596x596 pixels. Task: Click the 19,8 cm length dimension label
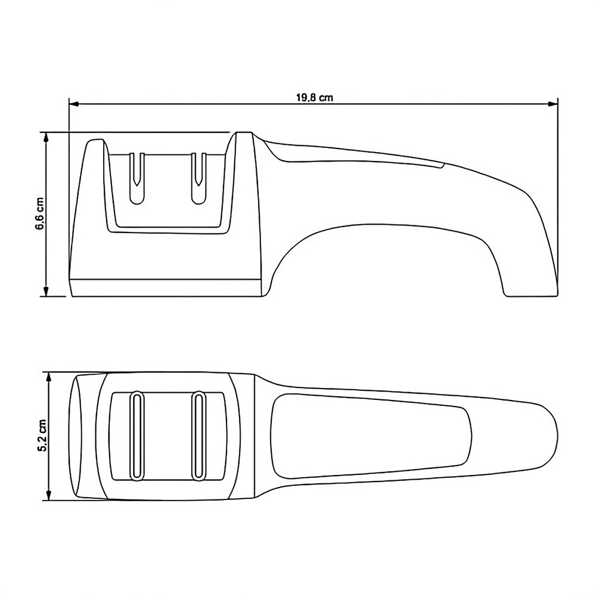tap(314, 98)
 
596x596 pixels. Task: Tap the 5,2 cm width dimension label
tap(42, 436)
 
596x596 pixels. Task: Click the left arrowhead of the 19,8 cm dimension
tap(74, 103)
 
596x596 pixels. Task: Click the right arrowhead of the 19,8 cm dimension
tap(552, 103)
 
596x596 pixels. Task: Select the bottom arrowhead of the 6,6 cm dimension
tap(46, 291)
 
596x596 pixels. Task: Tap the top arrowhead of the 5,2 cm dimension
tap(48, 377)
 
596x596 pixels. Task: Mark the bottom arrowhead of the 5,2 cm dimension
tap(48, 495)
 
